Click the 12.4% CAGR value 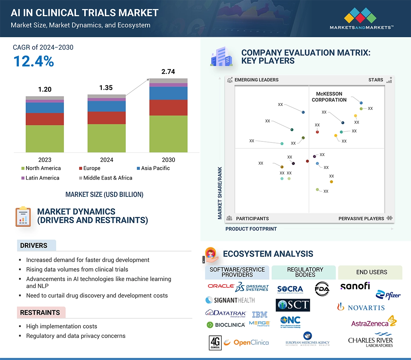(34, 61)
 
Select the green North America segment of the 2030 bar (168, 134)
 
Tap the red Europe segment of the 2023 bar (45, 119)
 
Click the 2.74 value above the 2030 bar (168, 72)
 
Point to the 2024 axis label (106, 160)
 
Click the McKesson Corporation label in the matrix (329, 97)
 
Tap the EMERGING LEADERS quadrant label (256, 80)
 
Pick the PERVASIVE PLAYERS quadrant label (361, 218)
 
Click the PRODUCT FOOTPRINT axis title (251, 229)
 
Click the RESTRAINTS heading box (40, 313)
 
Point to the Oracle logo (221, 286)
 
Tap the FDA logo (322, 288)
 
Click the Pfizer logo (388, 295)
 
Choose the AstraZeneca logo (373, 322)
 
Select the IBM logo (260, 314)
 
